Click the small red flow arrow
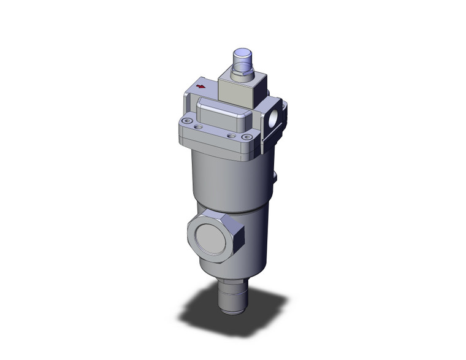201,88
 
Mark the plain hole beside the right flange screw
231,136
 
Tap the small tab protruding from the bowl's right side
275,177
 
